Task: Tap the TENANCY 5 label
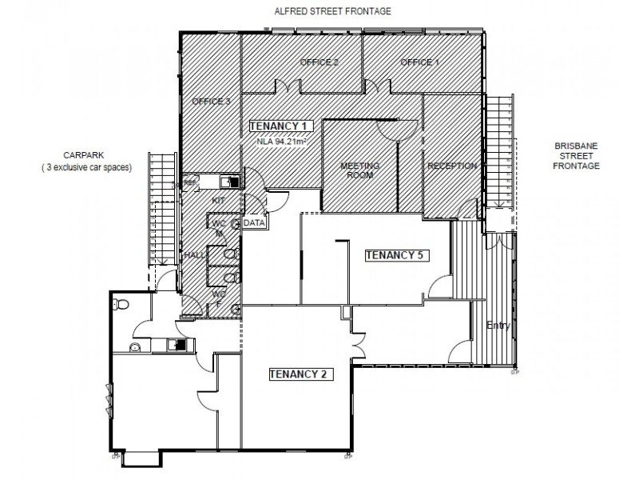(x=398, y=255)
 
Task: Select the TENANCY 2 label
(x=296, y=374)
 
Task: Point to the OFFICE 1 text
(x=420, y=62)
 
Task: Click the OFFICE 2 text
(x=319, y=62)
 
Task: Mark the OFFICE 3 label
(x=211, y=102)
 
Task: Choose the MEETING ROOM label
(x=359, y=170)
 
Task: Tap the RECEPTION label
(x=452, y=166)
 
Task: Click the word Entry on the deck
(x=497, y=326)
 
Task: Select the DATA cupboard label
(x=254, y=222)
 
